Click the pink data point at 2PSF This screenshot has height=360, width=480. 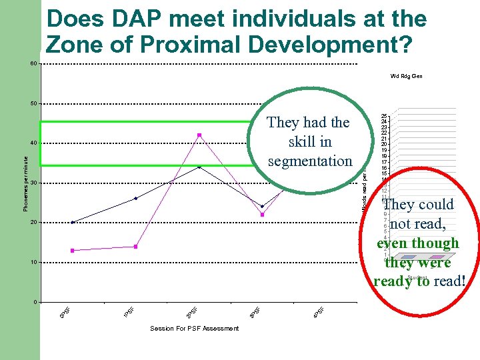point(199,135)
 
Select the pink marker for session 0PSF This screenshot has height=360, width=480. point(72,251)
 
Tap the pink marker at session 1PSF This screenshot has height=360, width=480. point(135,247)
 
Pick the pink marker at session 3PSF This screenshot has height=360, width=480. point(263,215)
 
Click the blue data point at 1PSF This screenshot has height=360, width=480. point(135,198)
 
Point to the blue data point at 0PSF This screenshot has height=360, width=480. point(72,222)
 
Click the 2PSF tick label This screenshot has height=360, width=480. point(192,311)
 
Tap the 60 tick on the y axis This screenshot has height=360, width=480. point(33,63)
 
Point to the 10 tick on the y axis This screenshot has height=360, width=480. point(33,262)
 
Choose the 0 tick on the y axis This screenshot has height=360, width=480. point(35,302)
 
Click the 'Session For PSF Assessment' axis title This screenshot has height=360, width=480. point(194,328)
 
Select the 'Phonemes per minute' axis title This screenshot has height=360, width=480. point(25,184)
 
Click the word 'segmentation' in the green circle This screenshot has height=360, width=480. point(309,161)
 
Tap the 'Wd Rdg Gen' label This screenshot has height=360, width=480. point(406,76)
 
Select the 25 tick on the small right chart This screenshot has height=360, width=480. point(385,116)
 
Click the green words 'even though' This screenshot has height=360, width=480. point(418,243)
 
